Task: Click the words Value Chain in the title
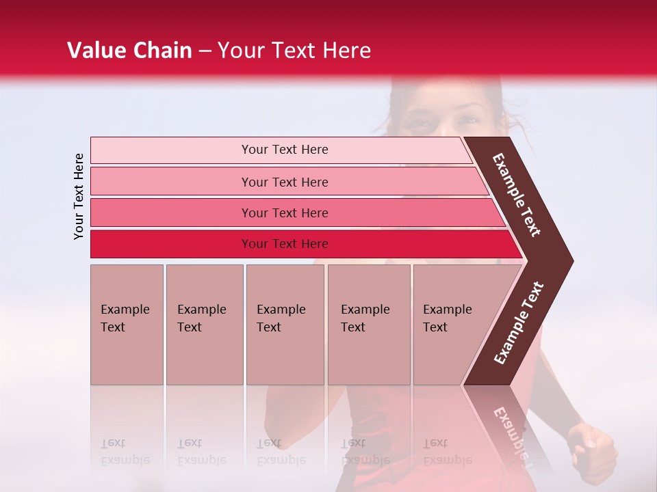tap(129, 51)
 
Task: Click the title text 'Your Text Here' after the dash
tap(294, 51)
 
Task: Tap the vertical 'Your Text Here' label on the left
tap(79, 196)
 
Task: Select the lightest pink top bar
tap(281, 150)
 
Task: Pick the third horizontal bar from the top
tap(294, 213)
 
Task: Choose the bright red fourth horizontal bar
tap(301, 244)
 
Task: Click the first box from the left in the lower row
tap(127, 324)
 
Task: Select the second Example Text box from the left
tap(204, 324)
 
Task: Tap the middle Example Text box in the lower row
tap(285, 324)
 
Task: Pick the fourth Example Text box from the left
tap(369, 324)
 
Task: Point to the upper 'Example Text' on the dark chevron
tap(517, 195)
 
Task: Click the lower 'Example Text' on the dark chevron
tap(519, 323)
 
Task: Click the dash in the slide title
tap(205, 51)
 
